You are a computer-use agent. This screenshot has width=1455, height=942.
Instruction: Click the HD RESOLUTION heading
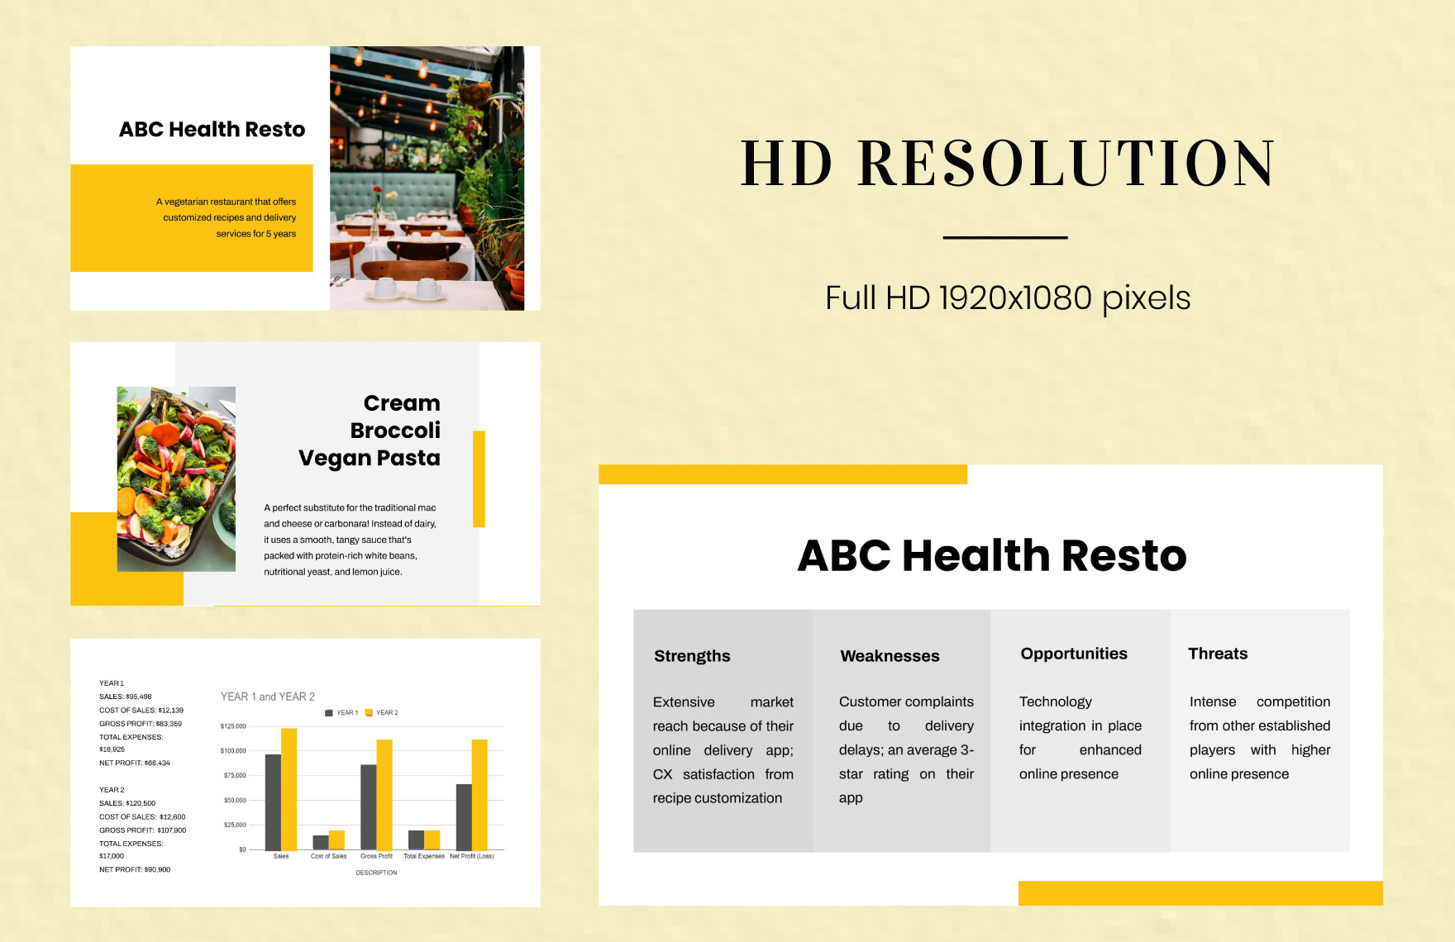(x=1007, y=163)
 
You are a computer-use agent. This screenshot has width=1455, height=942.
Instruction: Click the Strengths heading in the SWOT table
(x=692, y=656)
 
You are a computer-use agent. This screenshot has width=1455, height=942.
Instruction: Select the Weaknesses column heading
(x=890, y=656)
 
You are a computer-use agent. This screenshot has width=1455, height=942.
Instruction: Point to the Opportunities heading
(x=1074, y=654)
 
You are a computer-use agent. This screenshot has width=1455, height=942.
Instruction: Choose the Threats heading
(x=1218, y=654)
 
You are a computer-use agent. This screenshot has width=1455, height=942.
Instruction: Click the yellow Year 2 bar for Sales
(x=289, y=789)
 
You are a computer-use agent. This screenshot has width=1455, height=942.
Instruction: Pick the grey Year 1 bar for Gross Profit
(x=368, y=806)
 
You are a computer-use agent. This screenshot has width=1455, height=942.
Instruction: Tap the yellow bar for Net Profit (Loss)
(x=479, y=794)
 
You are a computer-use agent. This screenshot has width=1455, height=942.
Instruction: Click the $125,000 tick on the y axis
(x=233, y=726)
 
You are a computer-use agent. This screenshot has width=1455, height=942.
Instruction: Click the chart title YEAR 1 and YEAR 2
(x=267, y=697)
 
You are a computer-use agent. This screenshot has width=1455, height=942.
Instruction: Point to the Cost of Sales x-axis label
(x=328, y=856)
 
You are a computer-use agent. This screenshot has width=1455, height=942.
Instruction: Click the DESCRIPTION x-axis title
(x=376, y=873)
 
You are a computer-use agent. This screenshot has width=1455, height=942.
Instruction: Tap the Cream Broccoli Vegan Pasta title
(x=370, y=431)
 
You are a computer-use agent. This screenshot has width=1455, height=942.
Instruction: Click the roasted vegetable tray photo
(x=176, y=479)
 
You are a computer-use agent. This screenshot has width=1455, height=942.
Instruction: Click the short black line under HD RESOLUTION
(x=1005, y=238)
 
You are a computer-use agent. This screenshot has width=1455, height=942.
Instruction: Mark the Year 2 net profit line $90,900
(x=135, y=869)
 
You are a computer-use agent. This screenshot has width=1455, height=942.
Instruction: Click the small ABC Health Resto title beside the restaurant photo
(x=212, y=130)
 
